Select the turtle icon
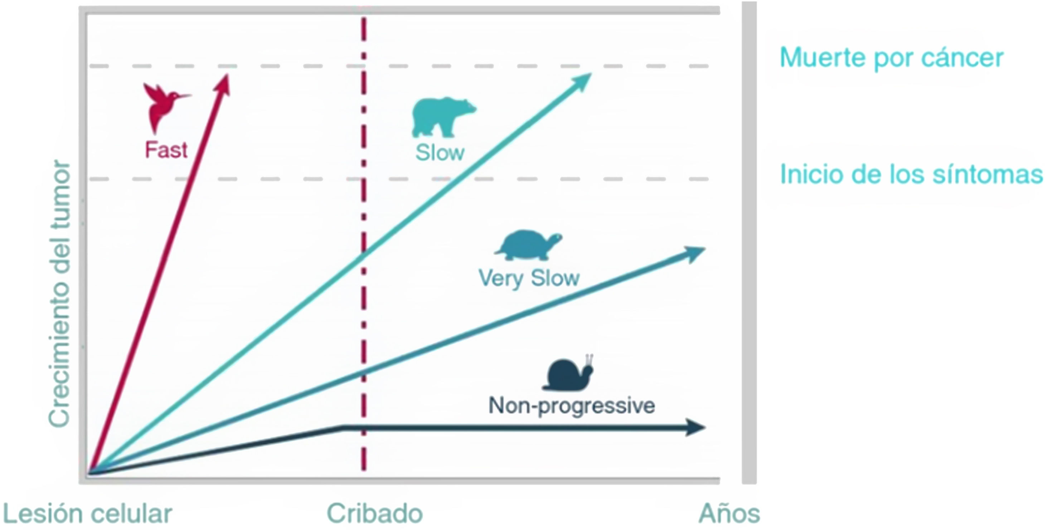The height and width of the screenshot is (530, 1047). click(x=528, y=245)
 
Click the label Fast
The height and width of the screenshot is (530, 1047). click(x=166, y=150)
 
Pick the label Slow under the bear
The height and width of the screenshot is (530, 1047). click(x=440, y=153)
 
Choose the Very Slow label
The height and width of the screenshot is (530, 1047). click(x=529, y=278)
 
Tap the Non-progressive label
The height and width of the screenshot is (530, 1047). click(x=571, y=405)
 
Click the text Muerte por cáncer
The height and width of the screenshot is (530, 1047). click(x=891, y=58)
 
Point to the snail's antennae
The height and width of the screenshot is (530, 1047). click(x=589, y=359)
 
